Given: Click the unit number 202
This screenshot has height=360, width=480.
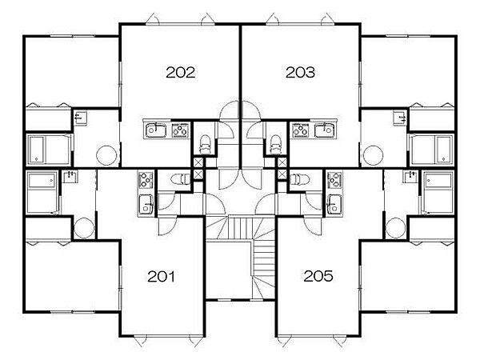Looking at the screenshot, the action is click(180, 73).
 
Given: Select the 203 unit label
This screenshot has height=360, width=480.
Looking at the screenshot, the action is click(300, 73).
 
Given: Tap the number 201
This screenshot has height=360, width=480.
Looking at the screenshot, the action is click(161, 277).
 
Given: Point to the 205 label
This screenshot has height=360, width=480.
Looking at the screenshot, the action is click(318, 276).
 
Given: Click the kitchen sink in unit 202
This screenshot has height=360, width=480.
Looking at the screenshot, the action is click(155, 130).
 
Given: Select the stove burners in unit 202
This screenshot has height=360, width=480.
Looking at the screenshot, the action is click(180, 130).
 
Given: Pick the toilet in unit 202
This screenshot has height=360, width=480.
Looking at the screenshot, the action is click(204, 144).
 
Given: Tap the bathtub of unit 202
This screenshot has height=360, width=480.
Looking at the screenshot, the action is click(49, 150).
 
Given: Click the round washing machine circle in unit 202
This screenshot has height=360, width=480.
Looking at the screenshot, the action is click(106, 155).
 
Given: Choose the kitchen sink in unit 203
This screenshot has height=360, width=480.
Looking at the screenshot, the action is click(325, 130).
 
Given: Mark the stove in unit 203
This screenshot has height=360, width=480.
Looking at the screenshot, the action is click(300, 130).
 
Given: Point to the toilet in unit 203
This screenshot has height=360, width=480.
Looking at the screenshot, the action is click(275, 144).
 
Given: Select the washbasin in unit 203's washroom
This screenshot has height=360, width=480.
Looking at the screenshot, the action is click(400, 118).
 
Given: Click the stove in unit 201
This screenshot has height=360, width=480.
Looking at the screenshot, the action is click(146, 180).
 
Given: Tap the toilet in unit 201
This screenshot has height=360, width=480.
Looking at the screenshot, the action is click(180, 178).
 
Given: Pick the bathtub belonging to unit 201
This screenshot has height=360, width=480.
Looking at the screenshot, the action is click(42, 192).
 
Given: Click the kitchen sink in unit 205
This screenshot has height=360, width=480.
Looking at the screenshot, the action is click(334, 204).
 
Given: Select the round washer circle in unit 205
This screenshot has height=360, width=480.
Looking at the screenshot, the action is click(395, 228).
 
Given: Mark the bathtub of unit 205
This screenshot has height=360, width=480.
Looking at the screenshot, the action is click(438, 192).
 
